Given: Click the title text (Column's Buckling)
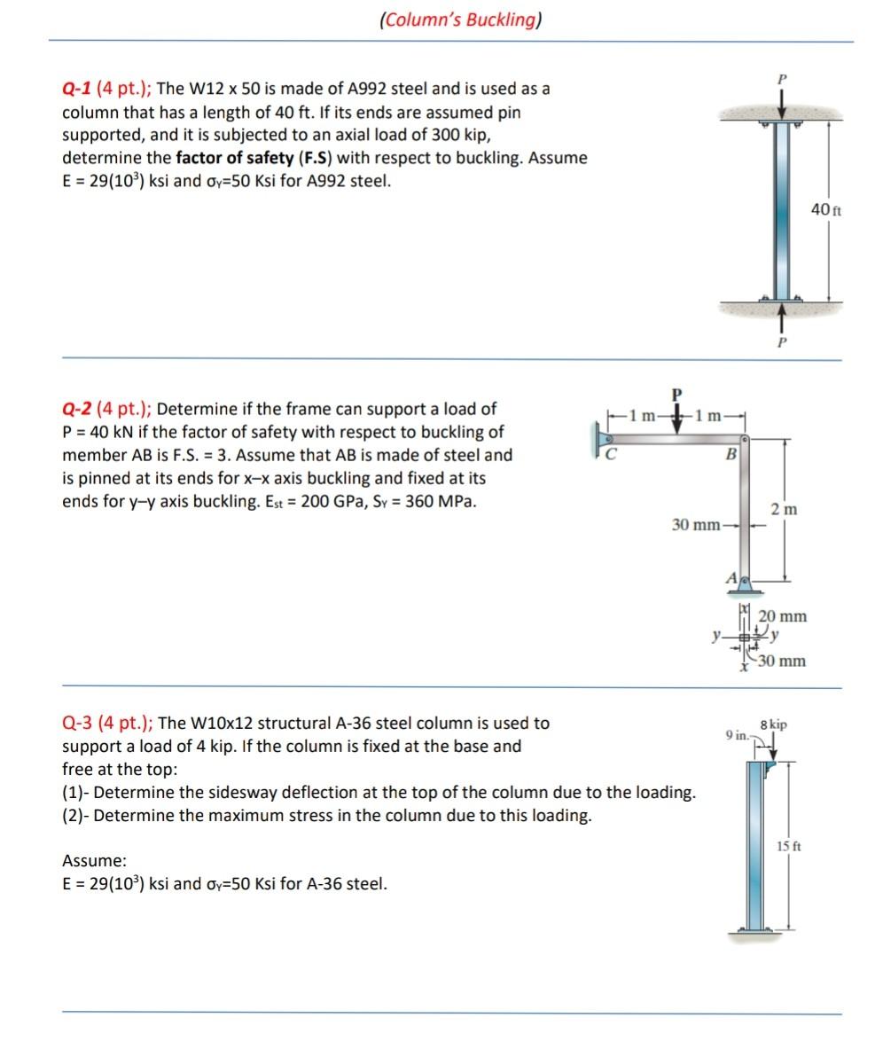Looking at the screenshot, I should pos(459,20).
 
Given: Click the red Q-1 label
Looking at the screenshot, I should pos(77,90).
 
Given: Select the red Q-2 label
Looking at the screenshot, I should pos(77,410).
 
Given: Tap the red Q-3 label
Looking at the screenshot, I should pos(77,723).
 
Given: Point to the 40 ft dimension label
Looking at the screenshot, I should pos(826,210).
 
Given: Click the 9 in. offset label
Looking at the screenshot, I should pos(736,736).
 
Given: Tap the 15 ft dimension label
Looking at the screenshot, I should pos(789,845).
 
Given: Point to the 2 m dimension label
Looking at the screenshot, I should pos(784,509).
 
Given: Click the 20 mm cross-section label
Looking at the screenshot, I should pos(784,616).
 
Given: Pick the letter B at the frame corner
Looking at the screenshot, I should pos(731,456).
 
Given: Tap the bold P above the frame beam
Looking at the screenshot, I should pos(677,393).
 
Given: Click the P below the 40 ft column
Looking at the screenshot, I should pos(781,341).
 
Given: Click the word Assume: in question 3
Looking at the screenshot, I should pos(88,860).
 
